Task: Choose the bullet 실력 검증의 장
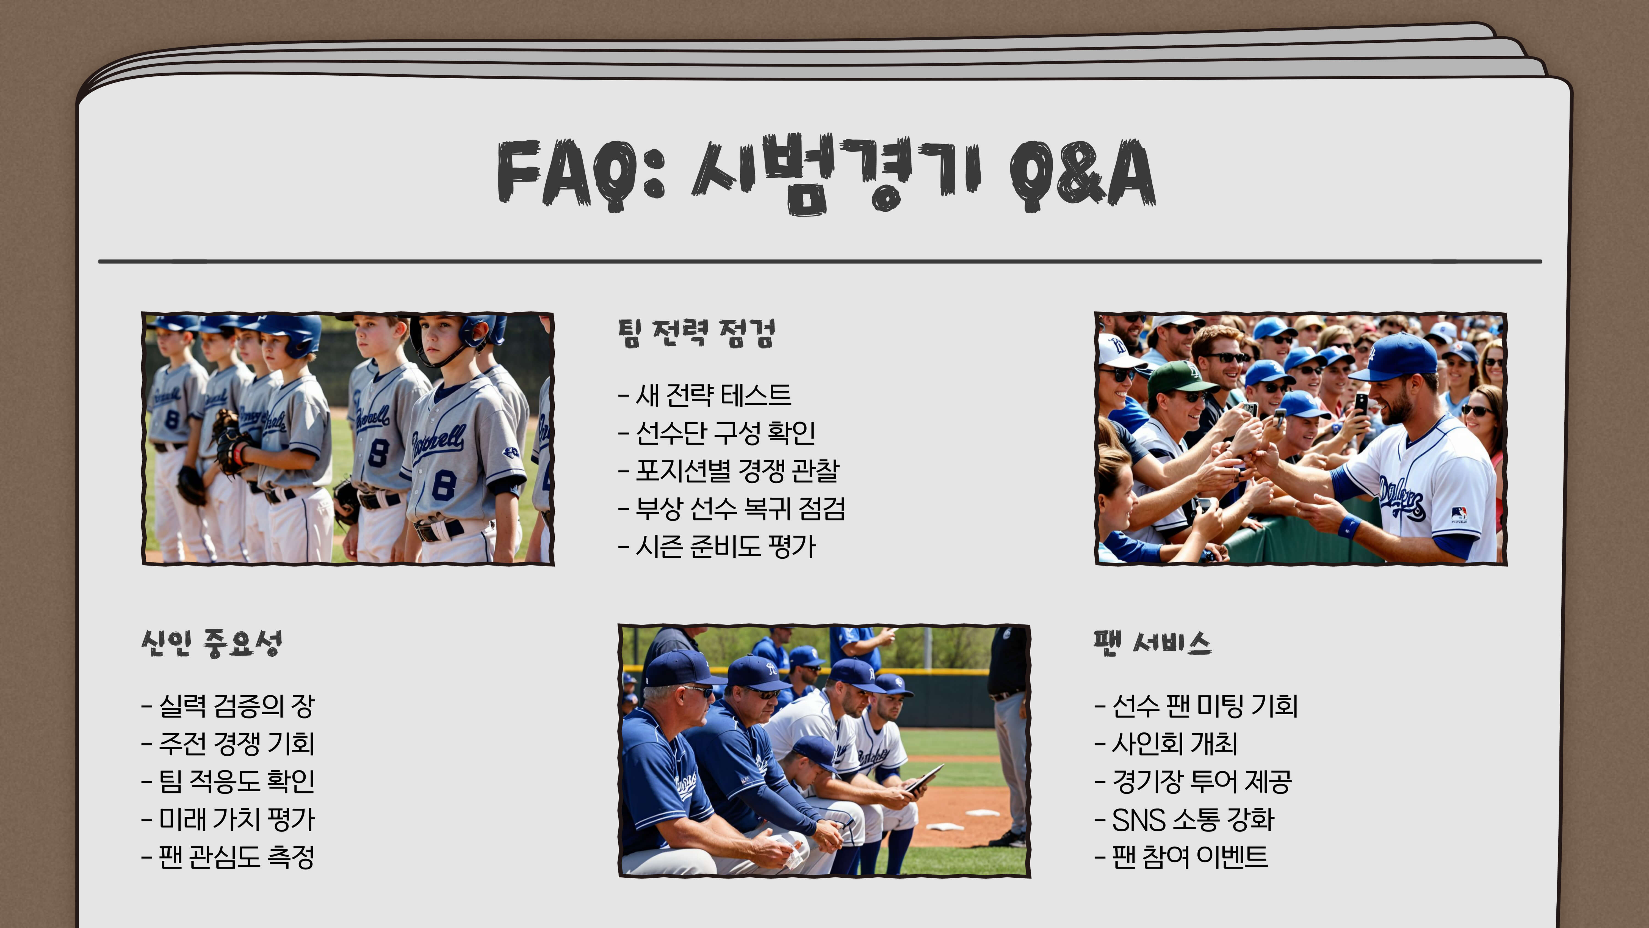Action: (x=229, y=706)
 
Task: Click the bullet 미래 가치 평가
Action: (x=229, y=819)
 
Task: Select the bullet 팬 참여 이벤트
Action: (x=1181, y=857)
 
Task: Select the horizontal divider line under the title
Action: (x=819, y=261)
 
